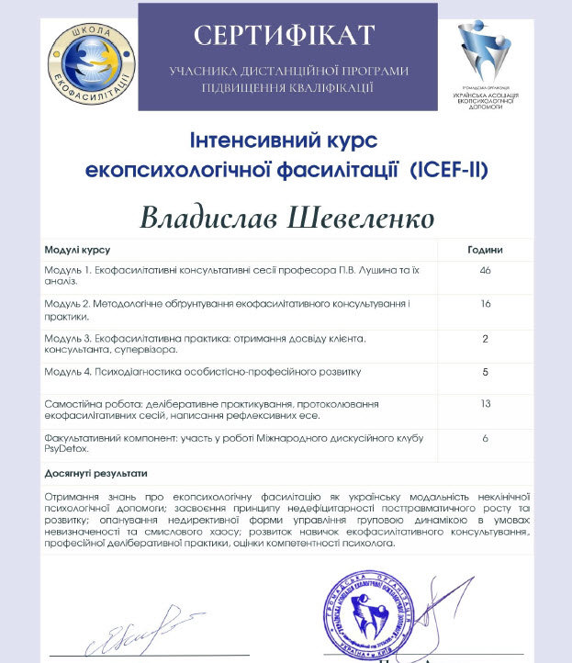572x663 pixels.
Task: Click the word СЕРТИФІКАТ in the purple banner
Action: [x=284, y=35]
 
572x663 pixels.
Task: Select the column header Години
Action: [x=485, y=250]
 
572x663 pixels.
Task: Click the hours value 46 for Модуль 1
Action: [x=486, y=270]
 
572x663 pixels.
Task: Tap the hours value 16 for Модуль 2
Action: [x=486, y=303]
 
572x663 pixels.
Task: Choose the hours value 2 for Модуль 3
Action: [x=486, y=338]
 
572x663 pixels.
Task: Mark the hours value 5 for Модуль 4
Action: [x=486, y=371]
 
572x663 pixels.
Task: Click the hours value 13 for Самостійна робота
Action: [x=486, y=404]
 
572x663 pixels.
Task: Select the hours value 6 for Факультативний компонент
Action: [x=486, y=439]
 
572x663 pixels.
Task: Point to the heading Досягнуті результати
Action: [x=95, y=474]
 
